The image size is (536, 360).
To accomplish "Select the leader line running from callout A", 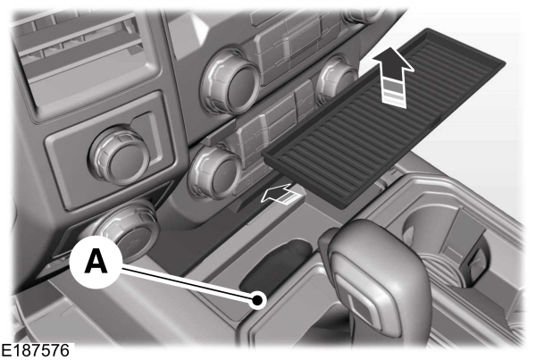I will [x=188, y=283].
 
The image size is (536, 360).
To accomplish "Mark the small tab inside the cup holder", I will [x=477, y=258].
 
